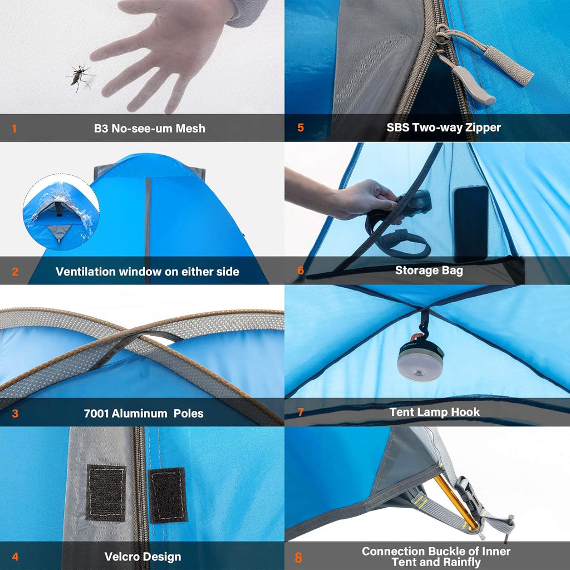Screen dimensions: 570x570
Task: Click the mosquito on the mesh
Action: pyautogui.click(x=80, y=76)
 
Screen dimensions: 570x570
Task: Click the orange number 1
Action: pyautogui.click(x=14, y=129)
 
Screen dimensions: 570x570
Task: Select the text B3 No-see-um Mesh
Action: pyautogui.click(x=149, y=129)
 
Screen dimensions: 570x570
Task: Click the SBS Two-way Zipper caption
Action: pyautogui.click(x=444, y=127)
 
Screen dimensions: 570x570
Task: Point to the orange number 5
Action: pyautogui.click(x=301, y=127)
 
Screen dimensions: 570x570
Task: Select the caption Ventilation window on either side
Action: pyautogui.click(x=148, y=272)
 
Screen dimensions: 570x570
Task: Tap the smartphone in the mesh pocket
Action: pyautogui.click(x=471, y=223)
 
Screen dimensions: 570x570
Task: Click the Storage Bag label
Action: pyautogui.click(x=429, y=271)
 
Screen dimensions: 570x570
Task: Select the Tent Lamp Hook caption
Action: pyautogui.click(x=434, y=412)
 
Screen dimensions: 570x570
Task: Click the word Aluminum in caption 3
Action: pyautogui.click(x=141, y=414)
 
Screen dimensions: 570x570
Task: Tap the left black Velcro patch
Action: pyautogui.click(x=106, y=493)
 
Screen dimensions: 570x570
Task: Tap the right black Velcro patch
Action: pyautogui.click(x=168, y=495)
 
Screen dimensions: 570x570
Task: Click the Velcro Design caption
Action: pyautogui.click(x=142, y=557)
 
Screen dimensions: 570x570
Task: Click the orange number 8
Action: pyautogui.click(x=299, y=557)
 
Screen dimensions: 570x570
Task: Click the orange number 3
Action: pyautogui.click(x=15, y=414)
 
